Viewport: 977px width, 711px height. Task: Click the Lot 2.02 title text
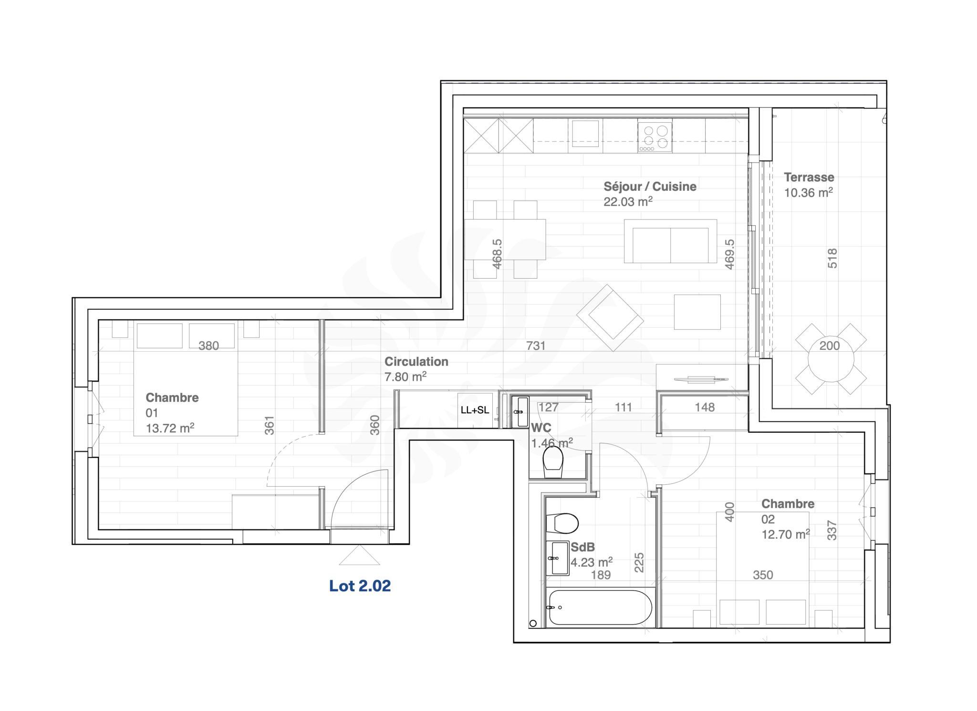[x=360, y=586]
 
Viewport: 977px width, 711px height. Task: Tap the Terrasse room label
[x=809, y=177]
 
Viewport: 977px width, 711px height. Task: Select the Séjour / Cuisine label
[x=650, y=186]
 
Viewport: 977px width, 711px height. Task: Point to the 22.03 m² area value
[x=628, y=201]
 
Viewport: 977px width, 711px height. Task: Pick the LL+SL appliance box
[x=475, y=410]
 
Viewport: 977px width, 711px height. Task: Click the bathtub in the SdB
[x=600, y=607]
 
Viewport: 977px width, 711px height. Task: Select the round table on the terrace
[x=831, y=358]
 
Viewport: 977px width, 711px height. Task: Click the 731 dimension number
[x=536, y=345]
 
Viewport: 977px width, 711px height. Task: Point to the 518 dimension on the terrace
[x=832, y=258]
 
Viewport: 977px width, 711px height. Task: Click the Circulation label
[x=416, y=361]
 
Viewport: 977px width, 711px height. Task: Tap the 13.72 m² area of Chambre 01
[x=170, y=428]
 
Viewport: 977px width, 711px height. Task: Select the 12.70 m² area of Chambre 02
[x=786, y=534]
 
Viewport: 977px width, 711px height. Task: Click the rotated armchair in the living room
[x=610, y=317]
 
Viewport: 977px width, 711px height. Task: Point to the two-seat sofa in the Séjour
[x=670, y=241]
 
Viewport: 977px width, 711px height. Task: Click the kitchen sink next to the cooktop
[x=585, y=133]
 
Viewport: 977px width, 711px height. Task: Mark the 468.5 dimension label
[x=497, y=254]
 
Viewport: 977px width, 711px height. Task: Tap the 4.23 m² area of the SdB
[x=592, y=562]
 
